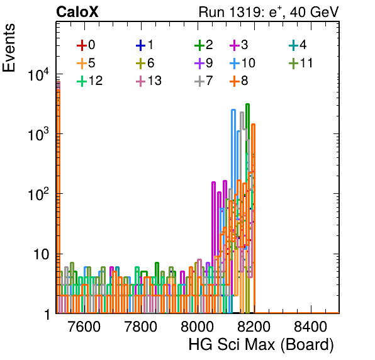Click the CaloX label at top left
click(x=77, y=12)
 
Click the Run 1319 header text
click(x=269, y=12)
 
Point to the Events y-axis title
click(x=9, y=48)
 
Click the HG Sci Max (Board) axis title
click(x=261, y=345)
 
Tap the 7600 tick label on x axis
click(x=84, y=327)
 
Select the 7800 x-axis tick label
click(x=141, y=327)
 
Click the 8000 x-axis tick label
click(x=198, y=327)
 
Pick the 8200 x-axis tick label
click(x=254, y=327)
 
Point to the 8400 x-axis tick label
click(x=310, y=327)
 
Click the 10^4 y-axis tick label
click(x=38, y=74)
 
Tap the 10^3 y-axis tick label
click(x=38, y=134)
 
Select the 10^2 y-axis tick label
click(x=38, y=194)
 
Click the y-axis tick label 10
click(x=41, y=254)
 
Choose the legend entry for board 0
click(x=86, y=45)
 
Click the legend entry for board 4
click(x=298, y=45)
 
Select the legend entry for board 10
click(x=242, y=63)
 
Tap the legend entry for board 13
click(x=148, y=81)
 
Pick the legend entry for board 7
click(x=204, y=81)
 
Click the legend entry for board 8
click(x=239, y=81)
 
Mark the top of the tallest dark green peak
click(x=247, y=104)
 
